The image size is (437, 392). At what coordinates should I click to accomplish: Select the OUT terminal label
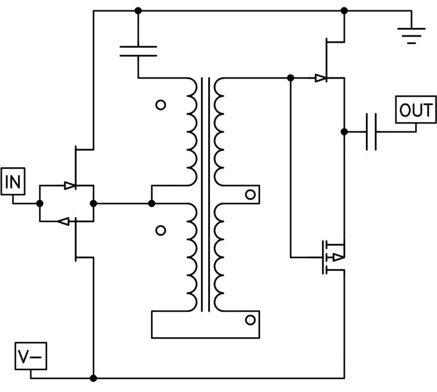[416, 110]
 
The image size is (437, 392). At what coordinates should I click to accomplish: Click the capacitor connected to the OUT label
[371, 131]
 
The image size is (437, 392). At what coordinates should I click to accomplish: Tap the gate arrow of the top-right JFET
[321, 78]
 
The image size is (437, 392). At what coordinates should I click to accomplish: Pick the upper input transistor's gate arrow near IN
[70, 185]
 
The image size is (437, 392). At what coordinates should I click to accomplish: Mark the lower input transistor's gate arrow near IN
[64, 221]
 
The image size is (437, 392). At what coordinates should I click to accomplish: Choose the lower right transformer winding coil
[218, 256]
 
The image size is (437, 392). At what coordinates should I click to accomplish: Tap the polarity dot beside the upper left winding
[160, 105]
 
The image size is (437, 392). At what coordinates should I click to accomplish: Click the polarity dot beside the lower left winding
[160, 230]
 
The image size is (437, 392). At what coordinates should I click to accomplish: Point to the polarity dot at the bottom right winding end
[249, 320]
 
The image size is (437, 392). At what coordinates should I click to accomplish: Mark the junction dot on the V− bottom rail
[93, 378]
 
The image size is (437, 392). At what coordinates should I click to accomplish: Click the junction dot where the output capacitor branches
[344, 131]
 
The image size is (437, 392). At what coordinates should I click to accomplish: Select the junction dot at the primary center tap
[151, 203]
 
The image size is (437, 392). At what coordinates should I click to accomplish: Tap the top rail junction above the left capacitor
[138, 11]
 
